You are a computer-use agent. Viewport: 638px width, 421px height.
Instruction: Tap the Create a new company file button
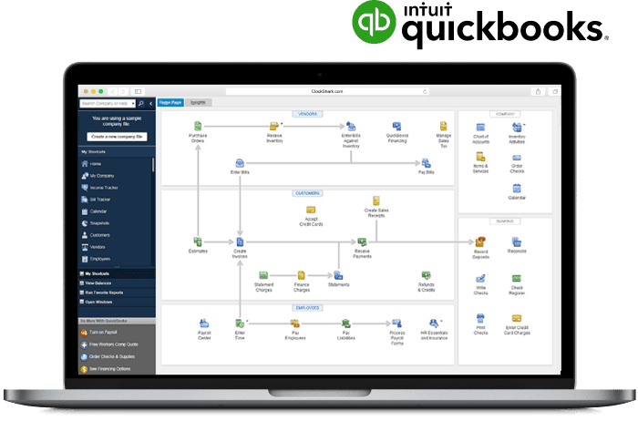click(x=118, y=136)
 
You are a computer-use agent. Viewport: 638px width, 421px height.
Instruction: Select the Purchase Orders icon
click(x=197, y=127)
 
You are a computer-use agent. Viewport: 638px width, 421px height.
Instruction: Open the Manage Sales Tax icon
click(x=443, y=127)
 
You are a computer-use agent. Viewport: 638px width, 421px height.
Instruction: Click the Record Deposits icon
click(x=479, y=241)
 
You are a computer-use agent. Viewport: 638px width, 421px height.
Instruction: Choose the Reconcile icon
click(x=517, y=241)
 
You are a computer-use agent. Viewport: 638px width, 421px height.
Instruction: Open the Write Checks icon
click(x=479, y=279)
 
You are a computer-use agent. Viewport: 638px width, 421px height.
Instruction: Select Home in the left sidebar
click(x=96, y=163)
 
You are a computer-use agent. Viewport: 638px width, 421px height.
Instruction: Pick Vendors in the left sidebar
click(x=100, y=246)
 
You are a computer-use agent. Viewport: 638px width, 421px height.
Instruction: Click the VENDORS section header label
click(x=307, y=114)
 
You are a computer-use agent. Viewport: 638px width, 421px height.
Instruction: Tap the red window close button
click(x=84, y=91)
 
